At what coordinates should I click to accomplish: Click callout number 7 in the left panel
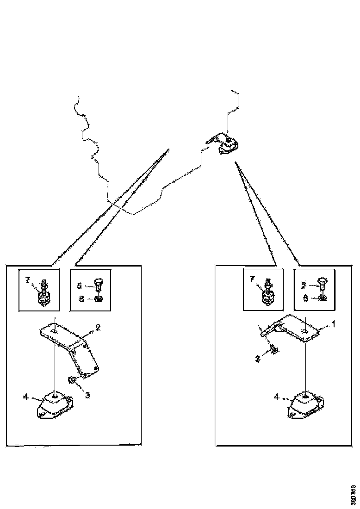28,280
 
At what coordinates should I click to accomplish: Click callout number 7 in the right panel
252,279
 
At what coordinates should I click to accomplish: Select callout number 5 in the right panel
304,285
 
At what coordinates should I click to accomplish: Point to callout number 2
98,328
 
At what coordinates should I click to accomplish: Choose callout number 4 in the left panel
26,397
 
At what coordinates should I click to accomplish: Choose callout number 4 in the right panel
276,397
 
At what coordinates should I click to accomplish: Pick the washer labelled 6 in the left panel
99,299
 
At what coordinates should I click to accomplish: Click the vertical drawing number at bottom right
353,494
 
